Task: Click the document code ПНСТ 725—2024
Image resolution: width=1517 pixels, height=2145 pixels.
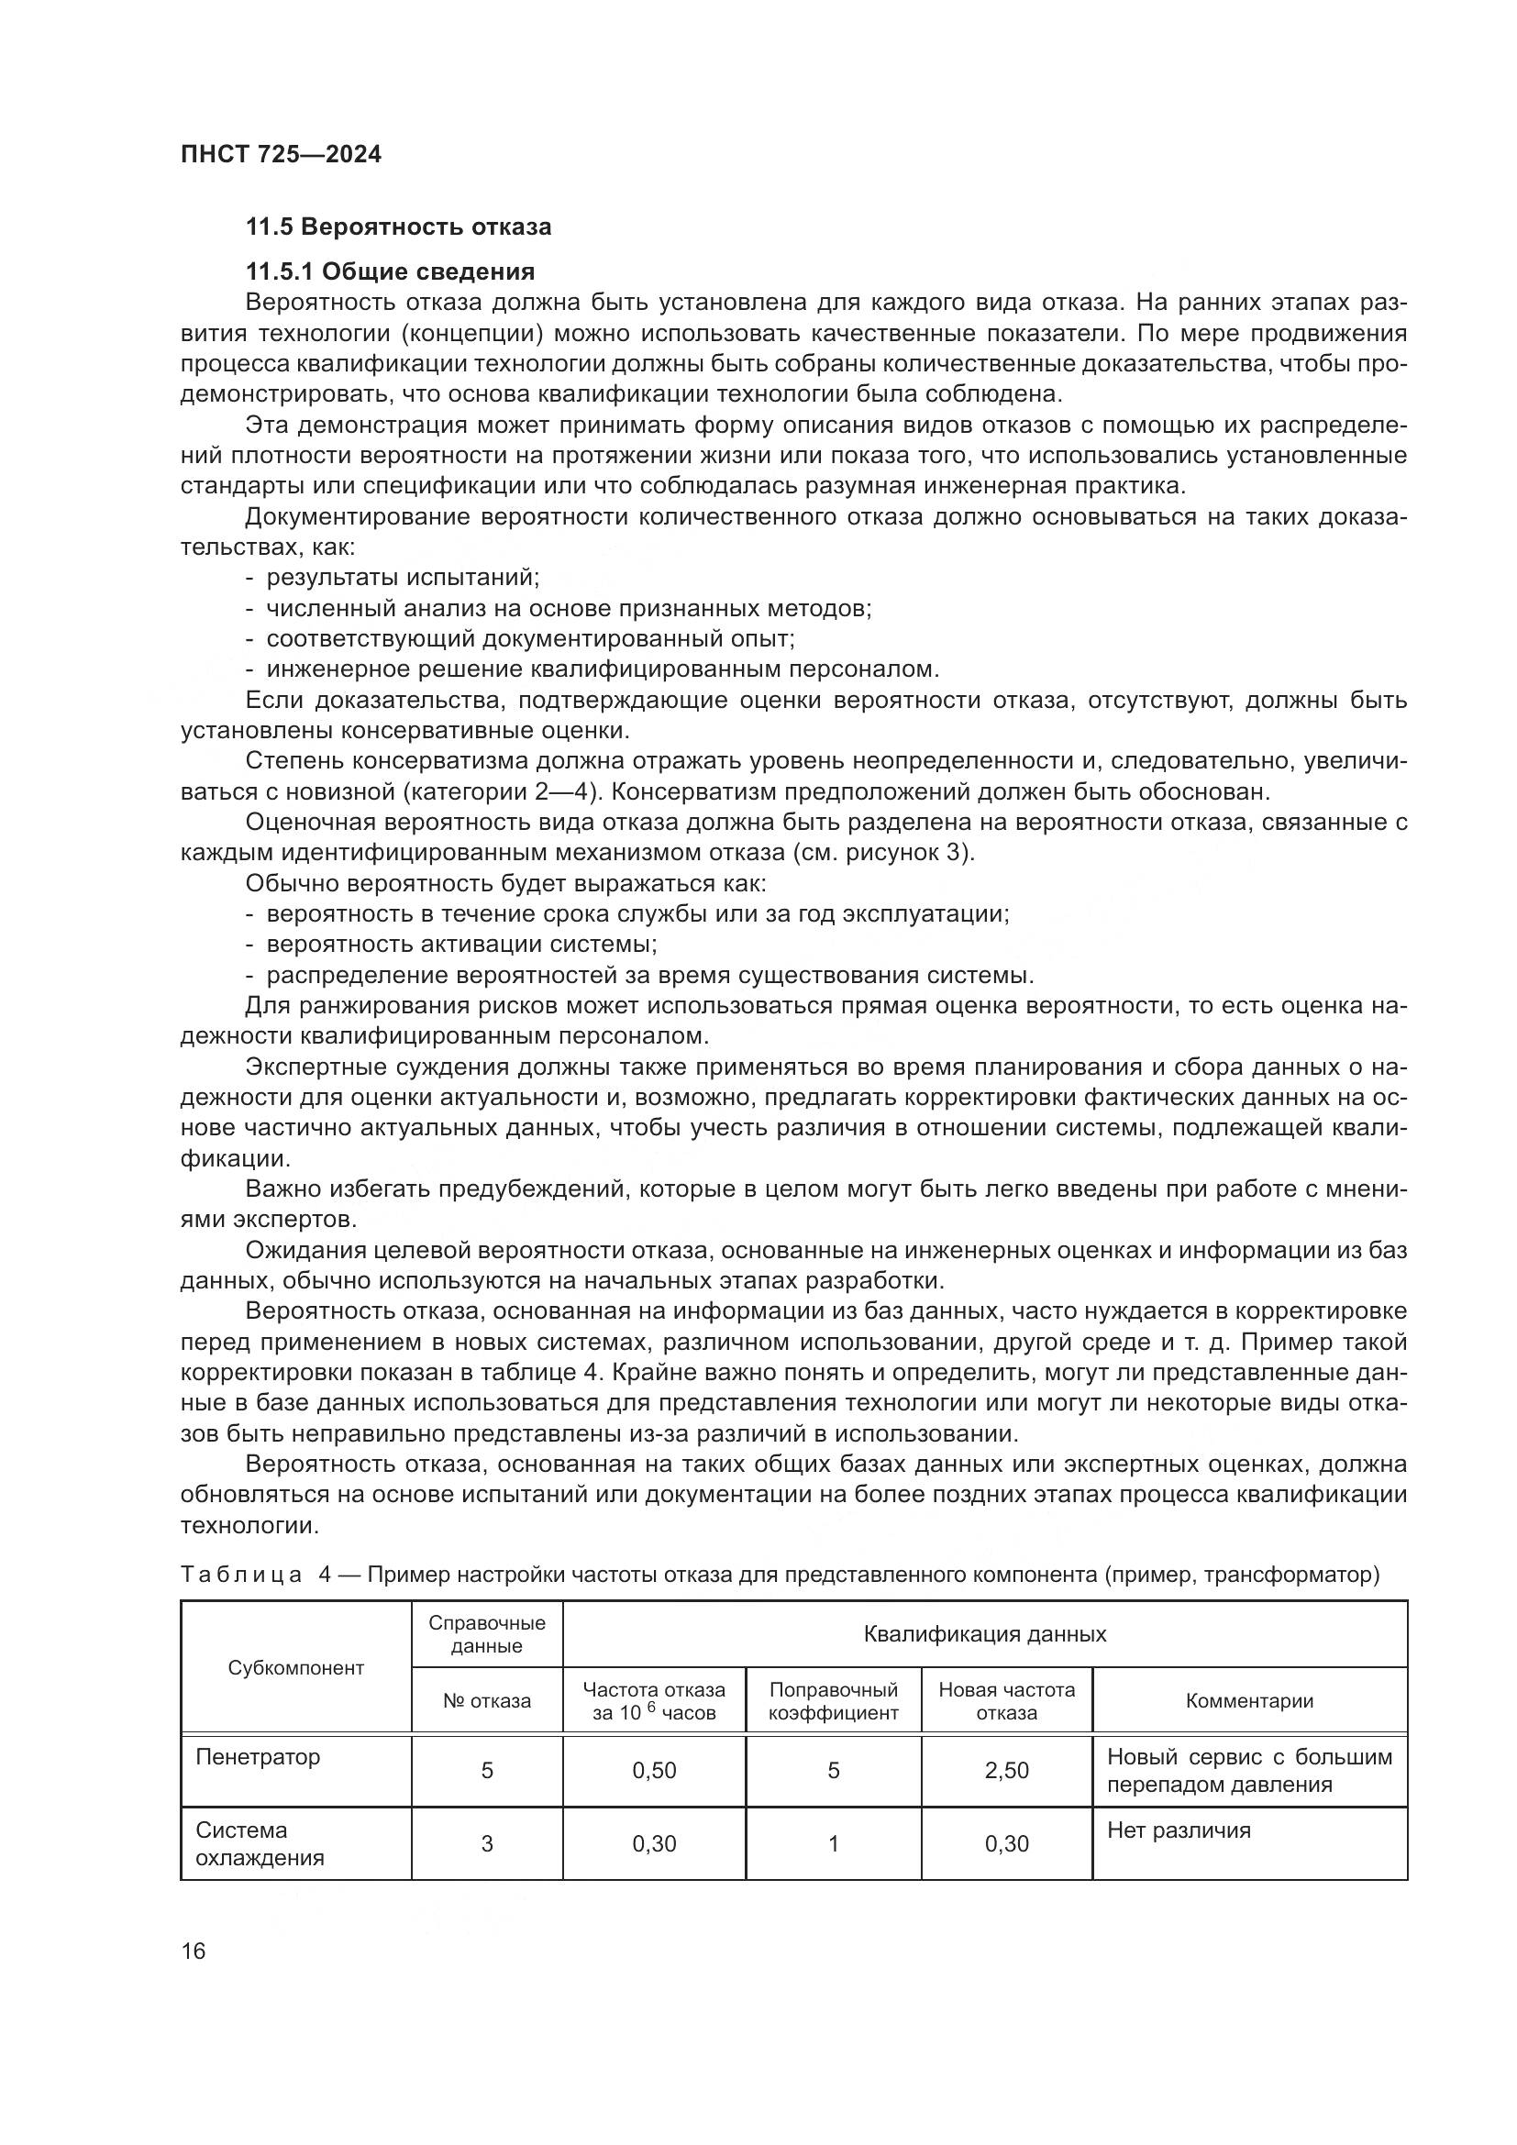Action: coord(281,154)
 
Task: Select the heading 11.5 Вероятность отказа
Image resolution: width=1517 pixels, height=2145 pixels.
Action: coord(398,227)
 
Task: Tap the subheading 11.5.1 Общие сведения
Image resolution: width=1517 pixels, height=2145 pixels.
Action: coord(390,271)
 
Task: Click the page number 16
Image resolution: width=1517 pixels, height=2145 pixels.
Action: coord(194,1951)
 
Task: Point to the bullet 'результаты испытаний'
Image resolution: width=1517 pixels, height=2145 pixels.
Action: coord(403,578)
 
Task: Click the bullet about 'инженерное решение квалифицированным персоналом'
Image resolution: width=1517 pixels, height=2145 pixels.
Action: coord(603,669)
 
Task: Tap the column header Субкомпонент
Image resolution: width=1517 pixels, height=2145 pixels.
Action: coord(296,1667)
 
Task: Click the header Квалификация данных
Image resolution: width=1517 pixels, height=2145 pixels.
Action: coord(984,1634)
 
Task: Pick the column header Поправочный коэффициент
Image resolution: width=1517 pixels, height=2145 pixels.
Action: coord(833,1701)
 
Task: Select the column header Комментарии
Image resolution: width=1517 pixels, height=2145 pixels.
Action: coord(1249,1701)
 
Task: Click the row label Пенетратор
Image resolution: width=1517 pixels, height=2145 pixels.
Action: coord(258,1757)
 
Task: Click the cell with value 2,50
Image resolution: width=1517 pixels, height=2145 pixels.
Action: coord(1006,1770)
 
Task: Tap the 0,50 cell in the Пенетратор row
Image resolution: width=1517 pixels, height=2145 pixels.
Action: coord(654,1770)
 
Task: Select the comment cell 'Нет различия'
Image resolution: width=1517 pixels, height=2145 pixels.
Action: coord(1178,1830)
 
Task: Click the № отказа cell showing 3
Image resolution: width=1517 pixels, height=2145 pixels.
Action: coord(487,1843)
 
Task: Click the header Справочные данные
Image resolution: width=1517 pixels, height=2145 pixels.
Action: coord(487,1634)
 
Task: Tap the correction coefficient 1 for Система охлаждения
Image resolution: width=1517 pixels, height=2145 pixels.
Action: coord(833,1843)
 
